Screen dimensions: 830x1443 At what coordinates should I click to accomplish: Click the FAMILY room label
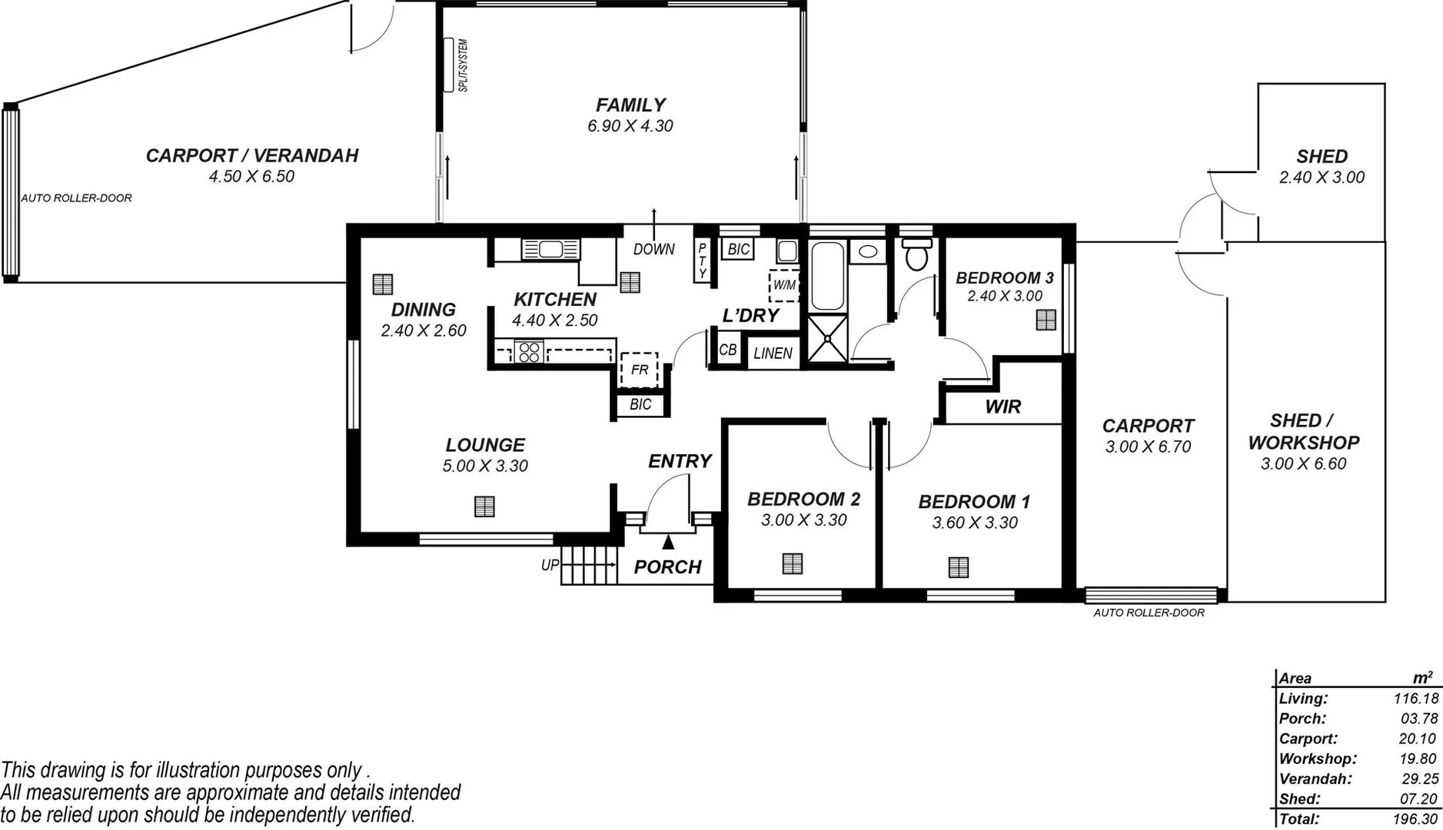[630, 105]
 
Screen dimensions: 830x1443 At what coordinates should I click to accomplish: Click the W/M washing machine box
[784, 285]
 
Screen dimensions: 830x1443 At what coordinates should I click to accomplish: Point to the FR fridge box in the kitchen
[639, 370]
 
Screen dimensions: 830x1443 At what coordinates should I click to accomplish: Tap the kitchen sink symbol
[550, 249]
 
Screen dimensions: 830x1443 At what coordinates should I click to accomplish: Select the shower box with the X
[826, 337]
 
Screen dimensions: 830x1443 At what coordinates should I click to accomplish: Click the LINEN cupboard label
[773, 354]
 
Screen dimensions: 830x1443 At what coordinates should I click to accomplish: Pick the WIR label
[1002, 407]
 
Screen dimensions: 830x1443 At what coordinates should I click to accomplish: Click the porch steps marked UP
[589, 566]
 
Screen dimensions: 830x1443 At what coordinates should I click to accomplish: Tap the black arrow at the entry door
[668, 542]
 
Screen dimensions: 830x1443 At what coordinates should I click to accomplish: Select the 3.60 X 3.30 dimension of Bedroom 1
[974, 523]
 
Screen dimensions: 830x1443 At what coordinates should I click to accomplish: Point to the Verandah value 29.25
[1419, 779]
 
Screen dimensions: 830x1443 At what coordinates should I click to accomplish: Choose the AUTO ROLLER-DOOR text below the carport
[1149, 613]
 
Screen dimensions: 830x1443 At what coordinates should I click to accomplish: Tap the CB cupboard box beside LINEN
[727, 350]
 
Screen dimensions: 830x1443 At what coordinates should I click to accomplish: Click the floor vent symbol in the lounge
[484, 506]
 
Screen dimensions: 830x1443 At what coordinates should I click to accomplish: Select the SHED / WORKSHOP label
[1303, 432]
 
